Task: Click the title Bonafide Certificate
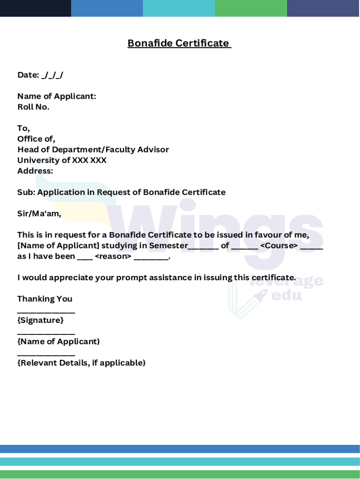coord(180,44)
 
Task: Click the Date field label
coord(28,75)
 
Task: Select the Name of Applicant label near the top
coord(57,96)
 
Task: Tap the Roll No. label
coord(33,107)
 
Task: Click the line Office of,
coord(36,139)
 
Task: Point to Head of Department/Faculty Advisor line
coord(93,150)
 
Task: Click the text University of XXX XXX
coord(62,160)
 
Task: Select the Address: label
coord(35,171)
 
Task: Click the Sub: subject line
coord(121,192)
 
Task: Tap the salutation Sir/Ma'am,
coord(39,214)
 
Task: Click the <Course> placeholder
coord(279,246)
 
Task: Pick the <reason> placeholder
coord(113,257)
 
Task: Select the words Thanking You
coord(45,299)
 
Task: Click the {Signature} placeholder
coord(40,320)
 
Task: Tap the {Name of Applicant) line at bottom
coord(58,341)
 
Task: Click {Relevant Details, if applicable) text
coord(81,363)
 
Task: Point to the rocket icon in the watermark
coord(261,295)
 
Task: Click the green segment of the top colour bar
coord(251,8)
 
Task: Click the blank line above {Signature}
coord(46,311)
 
